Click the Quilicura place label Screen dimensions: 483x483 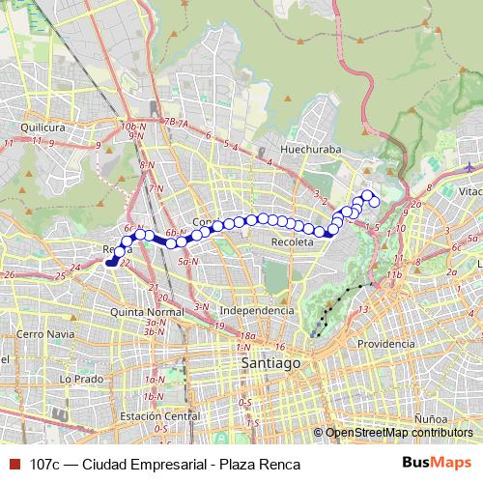(x=41, y=126)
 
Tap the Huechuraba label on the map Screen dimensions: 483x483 (x=306, y=150)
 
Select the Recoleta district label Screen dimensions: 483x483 (x=294, y=242)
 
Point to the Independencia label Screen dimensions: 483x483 (x=257, y=310)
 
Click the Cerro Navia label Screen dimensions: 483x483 (x=42, y=333)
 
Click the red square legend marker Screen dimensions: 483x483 (x=13, y=465)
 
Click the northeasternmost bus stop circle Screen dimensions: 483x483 (x=367, y=194)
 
